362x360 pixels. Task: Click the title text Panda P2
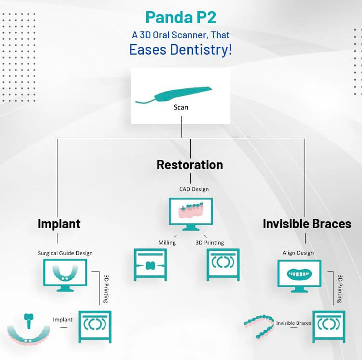pos(181,18)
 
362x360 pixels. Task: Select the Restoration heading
pos(190,165)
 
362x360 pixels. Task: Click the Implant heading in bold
pos(59,224)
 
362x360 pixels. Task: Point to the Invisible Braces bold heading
pos(307,224)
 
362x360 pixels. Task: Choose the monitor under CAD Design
pos(190,213)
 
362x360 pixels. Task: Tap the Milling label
pos(167,243)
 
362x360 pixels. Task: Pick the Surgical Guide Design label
pos(65,253)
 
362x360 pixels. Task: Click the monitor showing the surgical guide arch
pos(65,274)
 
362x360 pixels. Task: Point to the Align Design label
pos(298,253)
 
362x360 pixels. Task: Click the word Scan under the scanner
pos(181,107)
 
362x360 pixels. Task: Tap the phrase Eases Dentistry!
pos(181,49)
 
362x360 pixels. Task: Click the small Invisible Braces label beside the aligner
pos(293,323)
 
